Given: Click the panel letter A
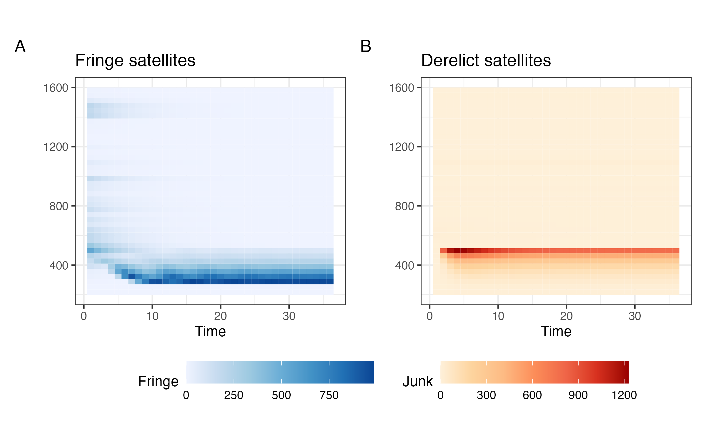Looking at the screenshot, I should [x=20, y=46].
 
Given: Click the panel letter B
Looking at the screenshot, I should [x=366, y=46].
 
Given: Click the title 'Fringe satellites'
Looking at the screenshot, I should [x=135, y=61].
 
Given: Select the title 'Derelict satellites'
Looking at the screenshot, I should [x=486, y=61].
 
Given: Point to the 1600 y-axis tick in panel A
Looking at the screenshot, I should [x=56, y=88].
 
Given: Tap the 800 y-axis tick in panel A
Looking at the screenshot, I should [x=59, y=206].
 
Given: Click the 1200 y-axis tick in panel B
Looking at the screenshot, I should [x=402, y=147].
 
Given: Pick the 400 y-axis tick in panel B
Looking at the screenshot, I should [x=404, y=266].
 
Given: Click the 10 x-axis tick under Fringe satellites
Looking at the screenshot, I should [x=152, y=316].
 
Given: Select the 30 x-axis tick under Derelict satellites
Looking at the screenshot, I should [x=635, y=316].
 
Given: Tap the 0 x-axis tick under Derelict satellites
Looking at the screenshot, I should [x=430, y=316].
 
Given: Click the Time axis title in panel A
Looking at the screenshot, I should [x=210, y=332].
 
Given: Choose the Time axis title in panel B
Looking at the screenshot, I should [x=556, y=332].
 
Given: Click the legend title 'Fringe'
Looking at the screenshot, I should [x=158, y=382].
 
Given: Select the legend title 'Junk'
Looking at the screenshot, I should [x=417, y=382].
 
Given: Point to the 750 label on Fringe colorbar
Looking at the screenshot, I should [x=329, y=395].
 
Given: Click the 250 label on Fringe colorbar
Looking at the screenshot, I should [x=234, y=395].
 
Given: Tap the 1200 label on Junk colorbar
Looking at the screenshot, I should [x=624, y=395].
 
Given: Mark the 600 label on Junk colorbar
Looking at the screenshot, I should [x=532, y=395].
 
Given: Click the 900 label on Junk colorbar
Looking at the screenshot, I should [x=578, y=395].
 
